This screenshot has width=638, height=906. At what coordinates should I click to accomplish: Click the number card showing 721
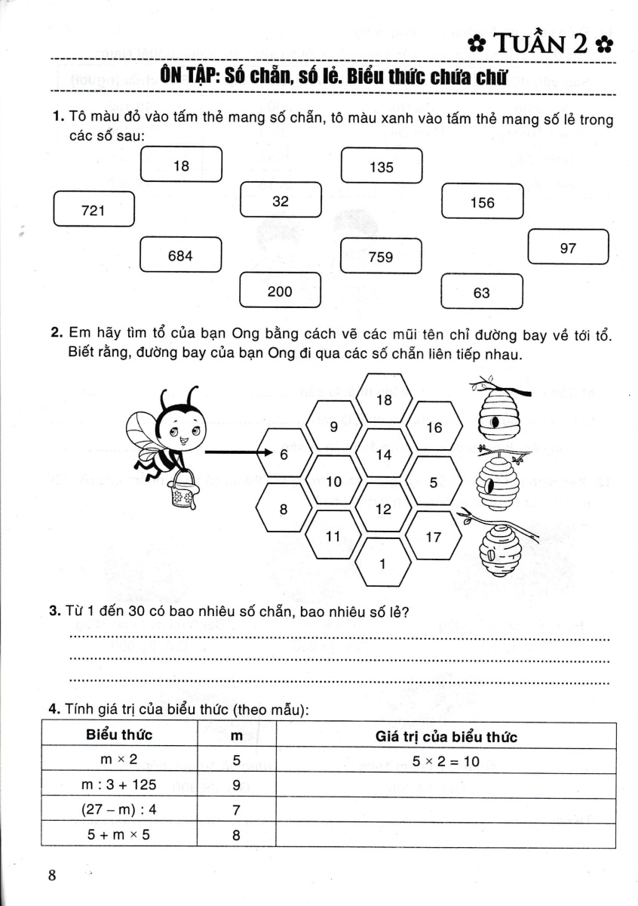94,209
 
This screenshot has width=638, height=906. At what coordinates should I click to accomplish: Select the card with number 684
181,256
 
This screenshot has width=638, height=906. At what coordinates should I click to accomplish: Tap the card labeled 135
382,167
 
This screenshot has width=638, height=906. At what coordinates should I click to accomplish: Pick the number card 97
569,247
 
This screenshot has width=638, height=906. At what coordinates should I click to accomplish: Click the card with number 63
482,292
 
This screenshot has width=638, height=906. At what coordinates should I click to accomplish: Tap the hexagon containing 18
384,400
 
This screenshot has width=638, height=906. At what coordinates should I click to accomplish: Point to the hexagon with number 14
384,455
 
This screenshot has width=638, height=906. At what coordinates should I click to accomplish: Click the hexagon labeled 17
434,537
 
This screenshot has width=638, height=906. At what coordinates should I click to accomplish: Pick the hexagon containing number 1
383,563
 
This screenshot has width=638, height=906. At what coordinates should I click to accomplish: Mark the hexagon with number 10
334,482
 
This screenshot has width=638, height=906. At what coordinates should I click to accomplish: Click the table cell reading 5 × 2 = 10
446,761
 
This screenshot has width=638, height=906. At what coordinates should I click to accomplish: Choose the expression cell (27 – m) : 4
119,810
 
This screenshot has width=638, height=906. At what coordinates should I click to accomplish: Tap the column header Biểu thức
119,736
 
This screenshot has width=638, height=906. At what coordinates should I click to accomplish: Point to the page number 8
52,876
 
